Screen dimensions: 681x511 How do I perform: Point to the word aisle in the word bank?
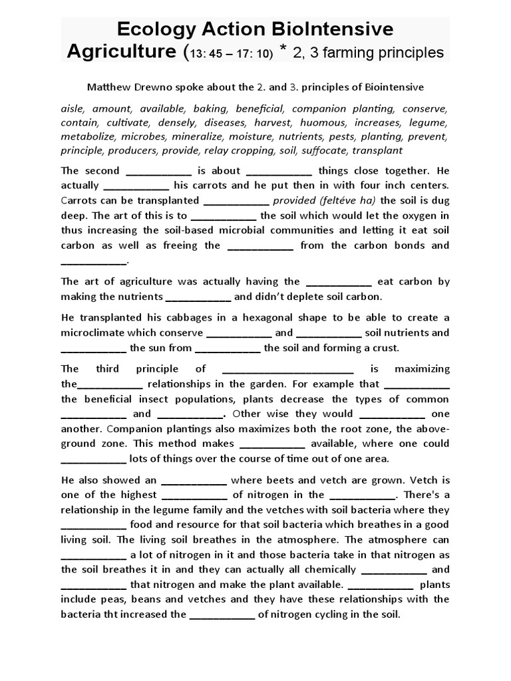click(x=73, y=108)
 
